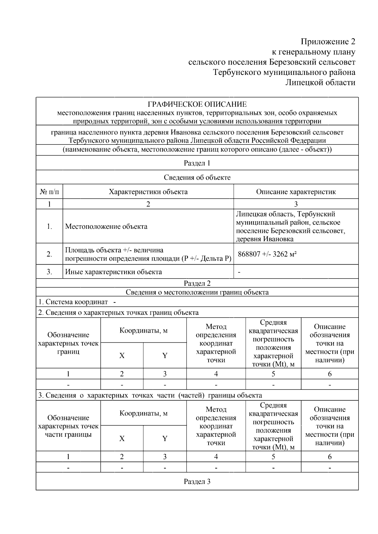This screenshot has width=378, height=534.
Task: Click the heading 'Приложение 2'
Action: tap(328, 42)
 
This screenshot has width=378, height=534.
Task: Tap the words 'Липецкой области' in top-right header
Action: tap(320, 82)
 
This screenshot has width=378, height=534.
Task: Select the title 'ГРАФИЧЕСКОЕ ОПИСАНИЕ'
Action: tap(197, 104)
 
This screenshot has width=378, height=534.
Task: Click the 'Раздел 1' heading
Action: tap(197, 163)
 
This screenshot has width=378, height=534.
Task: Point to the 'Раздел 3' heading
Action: tap(197, 481)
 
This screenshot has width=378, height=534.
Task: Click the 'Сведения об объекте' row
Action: tap(197, 177)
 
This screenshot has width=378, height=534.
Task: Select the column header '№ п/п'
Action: tap(49, 192)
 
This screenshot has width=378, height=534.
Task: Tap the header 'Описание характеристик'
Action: tap(296, 192)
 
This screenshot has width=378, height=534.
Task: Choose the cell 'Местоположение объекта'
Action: tap(106, 227)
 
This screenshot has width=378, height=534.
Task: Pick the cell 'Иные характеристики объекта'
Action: tap(113, 272)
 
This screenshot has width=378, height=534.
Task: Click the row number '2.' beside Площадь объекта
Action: tap(49, 254)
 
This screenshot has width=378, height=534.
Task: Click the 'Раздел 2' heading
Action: tap(197, 283)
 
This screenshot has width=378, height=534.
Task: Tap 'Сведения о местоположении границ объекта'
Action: tap(197, 292)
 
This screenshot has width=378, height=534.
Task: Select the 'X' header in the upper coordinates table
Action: tap(122, 356)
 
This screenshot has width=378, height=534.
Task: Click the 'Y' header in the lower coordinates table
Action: tap(165, 439)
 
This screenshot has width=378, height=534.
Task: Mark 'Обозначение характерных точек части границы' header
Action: tap(68, 426)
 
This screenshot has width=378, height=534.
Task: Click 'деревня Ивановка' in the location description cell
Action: tap(265, 239)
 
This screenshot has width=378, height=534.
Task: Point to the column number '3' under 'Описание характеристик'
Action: tap(296, 204)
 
